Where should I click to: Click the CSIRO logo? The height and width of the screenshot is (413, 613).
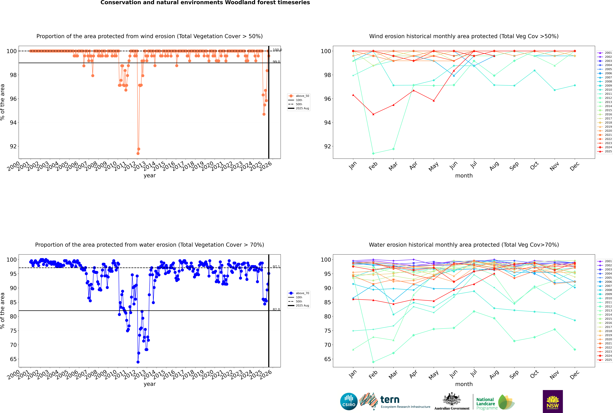[349, 401]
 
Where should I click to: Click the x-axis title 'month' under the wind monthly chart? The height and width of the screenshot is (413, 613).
[464, 176]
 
